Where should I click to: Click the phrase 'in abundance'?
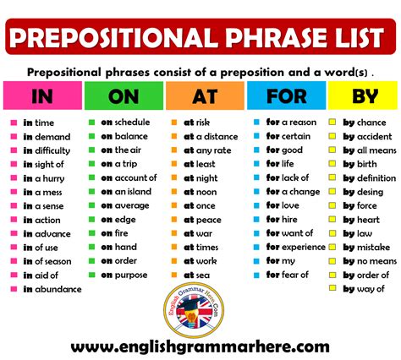coord(52,289)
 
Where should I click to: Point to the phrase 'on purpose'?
coord(124,275)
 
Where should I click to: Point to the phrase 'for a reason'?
coord(291,123)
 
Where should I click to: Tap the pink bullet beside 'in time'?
coord(14,123)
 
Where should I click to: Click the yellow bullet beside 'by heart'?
coord(334,220)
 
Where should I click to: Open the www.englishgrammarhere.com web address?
coord(200,346)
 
